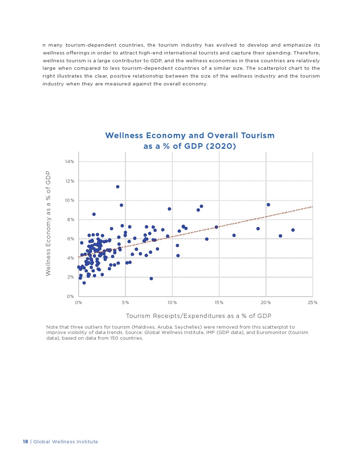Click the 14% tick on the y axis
tap(69, 162)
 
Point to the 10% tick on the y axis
tap(69, 200)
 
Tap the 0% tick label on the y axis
tap(70, 296)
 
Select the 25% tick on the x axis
tap(312, 303)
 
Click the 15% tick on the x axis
tap(219, 303)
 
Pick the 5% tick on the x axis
tap(125, 303)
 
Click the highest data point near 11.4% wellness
tap(118, 187)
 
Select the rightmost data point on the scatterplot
tap(293, 230)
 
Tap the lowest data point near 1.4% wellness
tap(84, 283)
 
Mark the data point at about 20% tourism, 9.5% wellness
tap(268, 205)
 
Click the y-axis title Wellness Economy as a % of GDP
tap(48, 224)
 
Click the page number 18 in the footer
tap(25, 442)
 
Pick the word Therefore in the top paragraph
tap(306, 53)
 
